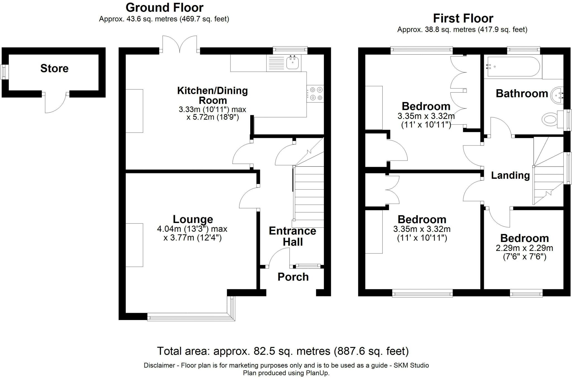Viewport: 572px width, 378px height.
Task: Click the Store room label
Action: [54, 68]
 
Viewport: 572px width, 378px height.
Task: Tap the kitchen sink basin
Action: [293, 63]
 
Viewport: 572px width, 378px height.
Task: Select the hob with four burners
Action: [315, 94]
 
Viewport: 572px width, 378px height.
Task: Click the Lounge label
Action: [193, 219]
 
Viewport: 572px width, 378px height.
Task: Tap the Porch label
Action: [293, 277]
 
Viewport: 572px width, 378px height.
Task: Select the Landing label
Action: [510, 175]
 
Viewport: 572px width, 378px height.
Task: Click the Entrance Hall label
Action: [292, 236]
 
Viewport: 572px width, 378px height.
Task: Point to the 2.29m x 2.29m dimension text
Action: [524, 248]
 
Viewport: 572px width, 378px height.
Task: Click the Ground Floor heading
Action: [165, 8]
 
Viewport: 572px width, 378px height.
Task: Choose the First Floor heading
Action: [463, 18]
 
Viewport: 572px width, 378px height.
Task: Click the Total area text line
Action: [283, 351]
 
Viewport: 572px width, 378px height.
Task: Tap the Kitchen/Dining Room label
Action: [213, 95]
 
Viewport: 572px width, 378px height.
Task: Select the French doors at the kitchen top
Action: [180, 44]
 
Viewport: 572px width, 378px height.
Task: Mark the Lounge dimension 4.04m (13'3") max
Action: [192, 229]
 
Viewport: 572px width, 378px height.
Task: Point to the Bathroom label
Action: [522, 94]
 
